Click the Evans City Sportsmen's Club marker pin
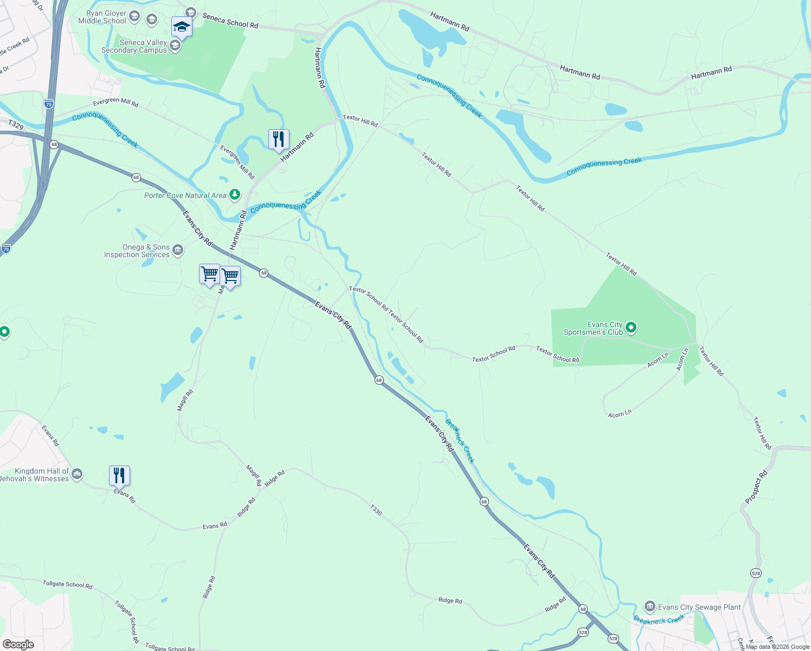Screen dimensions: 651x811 630,328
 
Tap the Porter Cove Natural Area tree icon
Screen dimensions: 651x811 234,194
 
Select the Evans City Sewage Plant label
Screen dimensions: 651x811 699,607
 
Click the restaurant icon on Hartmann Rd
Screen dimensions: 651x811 279,140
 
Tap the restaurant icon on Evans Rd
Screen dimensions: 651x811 119,476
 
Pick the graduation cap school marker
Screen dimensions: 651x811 182,27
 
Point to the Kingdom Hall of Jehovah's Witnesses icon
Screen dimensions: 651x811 76,474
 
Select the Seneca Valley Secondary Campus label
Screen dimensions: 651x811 134,46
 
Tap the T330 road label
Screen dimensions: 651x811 376,510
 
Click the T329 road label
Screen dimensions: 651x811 16,125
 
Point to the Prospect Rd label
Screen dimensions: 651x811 756,487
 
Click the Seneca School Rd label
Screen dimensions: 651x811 230,21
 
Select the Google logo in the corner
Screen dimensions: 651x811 18,644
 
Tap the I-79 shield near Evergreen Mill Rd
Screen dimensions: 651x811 49,104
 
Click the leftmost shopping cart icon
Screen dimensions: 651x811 209,274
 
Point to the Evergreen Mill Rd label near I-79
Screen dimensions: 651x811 115,103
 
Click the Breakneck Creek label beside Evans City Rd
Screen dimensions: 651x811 460,441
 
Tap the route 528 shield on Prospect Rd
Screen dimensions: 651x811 756,573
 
